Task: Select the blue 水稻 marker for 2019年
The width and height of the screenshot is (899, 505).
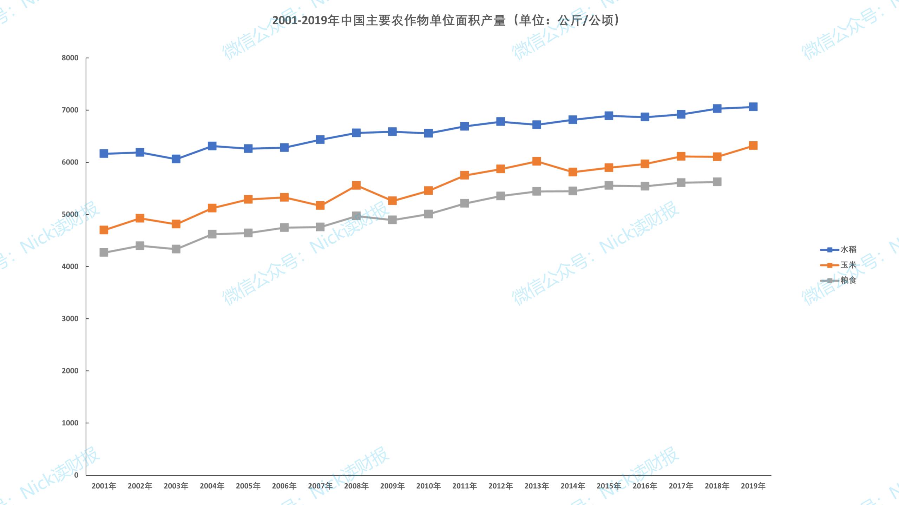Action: pyautogui.click(x=753, y=107)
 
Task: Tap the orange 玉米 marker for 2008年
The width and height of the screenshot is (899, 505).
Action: pyautogui.click(x=356, y=185)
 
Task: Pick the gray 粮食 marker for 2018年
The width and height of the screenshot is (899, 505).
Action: pyautogui.click(x=717, y=182)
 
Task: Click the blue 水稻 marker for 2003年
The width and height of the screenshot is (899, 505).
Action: pyautogui.click(x=176, y=159)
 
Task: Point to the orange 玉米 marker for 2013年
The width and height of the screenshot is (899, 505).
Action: pyautogui.click(x=537, y=161)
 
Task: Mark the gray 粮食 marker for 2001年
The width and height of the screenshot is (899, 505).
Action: pyautogui.click(x=104, y=252)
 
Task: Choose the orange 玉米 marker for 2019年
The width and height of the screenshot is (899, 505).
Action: pyautogui.click(x=753, y=146)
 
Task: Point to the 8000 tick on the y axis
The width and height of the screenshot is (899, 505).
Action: pyautogui.click(x=70, y=58)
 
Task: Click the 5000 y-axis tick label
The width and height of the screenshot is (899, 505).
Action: pyautogui.click(x=70, y=215)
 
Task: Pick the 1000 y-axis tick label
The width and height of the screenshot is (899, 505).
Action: pyautogui.click(x=70, y=423)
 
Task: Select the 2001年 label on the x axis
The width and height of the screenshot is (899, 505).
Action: pyautogui.click(x=104, y=486)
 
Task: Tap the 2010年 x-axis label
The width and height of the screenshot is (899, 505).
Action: pyautogui.click(x=428, y=486)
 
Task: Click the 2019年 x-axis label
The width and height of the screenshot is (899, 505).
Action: pyautogui.click(x=753, y=486)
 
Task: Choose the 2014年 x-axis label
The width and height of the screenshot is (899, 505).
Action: pyautogui.click(x=573, y=486)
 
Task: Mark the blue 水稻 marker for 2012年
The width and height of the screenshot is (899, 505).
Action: pyautogui.click(x=500, y=122)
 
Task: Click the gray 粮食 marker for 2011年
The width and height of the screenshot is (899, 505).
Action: pyautogui.click(x=464, y=203)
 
